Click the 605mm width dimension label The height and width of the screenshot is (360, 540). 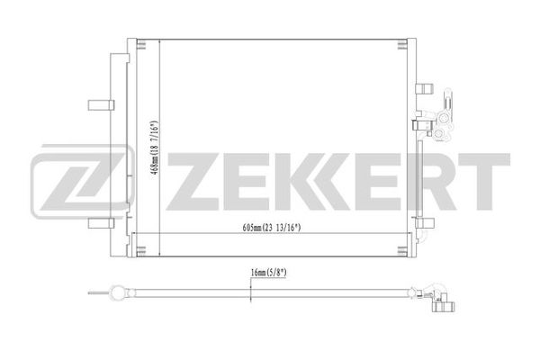tap(272, 228)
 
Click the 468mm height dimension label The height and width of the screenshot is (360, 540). tap(155, 149)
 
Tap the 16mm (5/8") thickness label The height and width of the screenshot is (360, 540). tap(268, 273)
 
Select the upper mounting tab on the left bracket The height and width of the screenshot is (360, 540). tap(101, 105)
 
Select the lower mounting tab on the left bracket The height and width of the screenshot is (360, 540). tap(101, 223)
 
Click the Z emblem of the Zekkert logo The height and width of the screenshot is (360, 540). tap(83, 182)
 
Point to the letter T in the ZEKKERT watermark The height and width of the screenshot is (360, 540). tap(481, 182)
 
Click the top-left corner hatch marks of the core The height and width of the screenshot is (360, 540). tap(141, 44)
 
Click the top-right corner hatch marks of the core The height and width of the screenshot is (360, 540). tap(402, 45)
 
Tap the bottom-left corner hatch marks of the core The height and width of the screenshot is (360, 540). tap(141, 251)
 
